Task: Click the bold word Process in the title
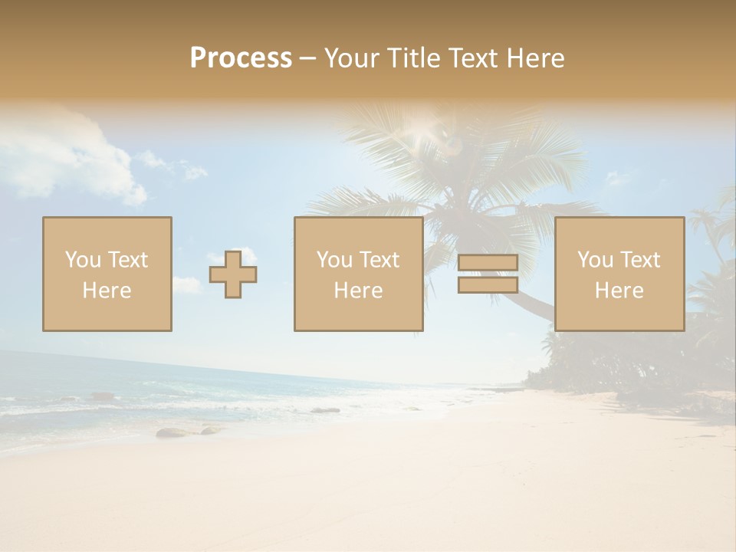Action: (x=241, y=58)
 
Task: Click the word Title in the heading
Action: (x=414, y=58)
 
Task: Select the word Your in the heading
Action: (x=353, y=58)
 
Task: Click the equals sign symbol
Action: (x=488, y=274)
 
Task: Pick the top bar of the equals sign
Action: (x=488, y=263)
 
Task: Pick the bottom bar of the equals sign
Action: (x=488, y=284)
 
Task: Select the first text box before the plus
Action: (x=107, y=274)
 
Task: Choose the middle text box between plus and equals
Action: (x=358, y=274)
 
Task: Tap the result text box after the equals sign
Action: (x=619, y=274)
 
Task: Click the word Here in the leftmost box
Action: (x=107, y=291)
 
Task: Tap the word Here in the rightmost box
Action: (x=619, y=291)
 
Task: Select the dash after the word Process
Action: (x=308, y=58)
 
